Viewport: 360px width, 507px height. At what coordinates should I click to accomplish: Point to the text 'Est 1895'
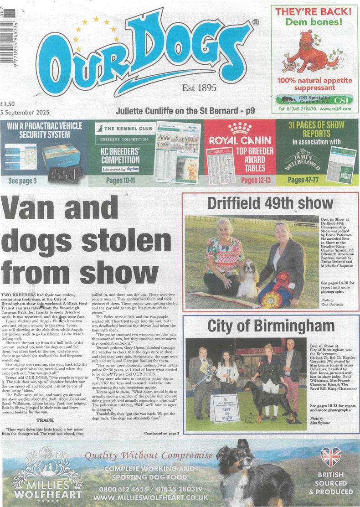click(x=199, y=88)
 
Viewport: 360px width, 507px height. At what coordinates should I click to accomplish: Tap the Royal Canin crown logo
click(x=240, y=128)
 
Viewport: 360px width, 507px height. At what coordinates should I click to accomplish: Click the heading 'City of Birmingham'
click(x=271, y=326)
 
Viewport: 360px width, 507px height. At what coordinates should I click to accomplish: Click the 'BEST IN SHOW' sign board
click(x=225, y=408)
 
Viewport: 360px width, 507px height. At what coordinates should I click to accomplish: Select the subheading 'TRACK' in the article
click(x=45, y=419)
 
